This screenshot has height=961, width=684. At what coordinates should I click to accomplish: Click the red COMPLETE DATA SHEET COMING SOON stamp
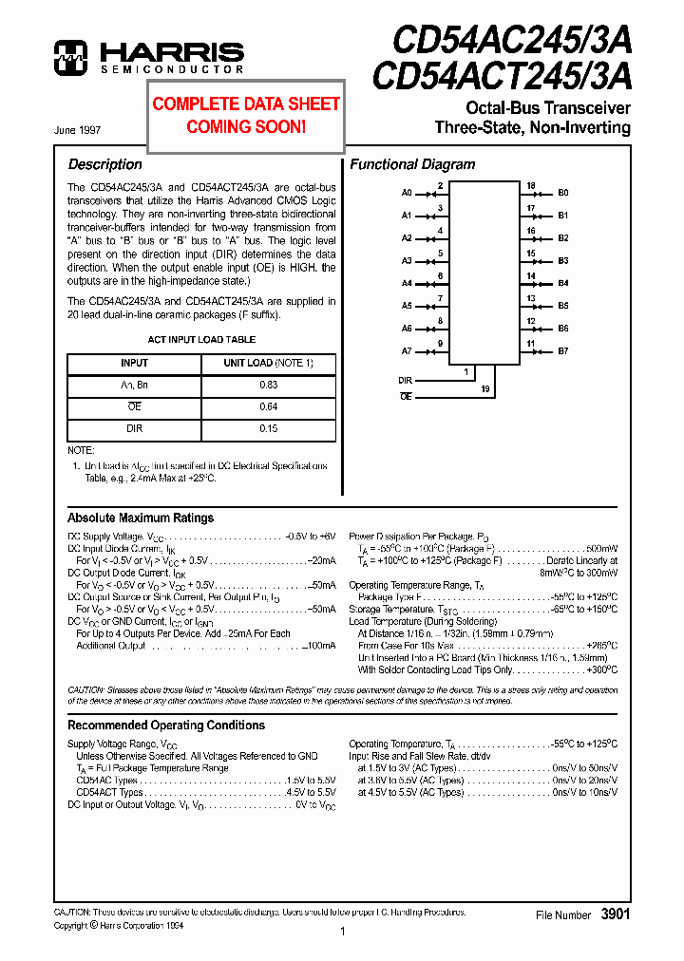click(x=246, y=114)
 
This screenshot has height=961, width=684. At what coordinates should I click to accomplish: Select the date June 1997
click(x=79, y=129)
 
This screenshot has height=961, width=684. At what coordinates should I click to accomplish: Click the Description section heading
click(x=104, y=164)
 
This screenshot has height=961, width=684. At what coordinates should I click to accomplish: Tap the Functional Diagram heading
click(x=412, y=164)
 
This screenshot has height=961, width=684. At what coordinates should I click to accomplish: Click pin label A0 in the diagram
click(x=407, y=193)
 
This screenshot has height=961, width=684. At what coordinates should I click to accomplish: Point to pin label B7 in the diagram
click(x=563, y=351)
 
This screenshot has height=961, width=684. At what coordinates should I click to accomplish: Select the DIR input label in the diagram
click(x=406, y=380)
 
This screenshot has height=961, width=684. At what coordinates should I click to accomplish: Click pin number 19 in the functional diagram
click(x=484, y=389)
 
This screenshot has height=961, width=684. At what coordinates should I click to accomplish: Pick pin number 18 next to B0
click(x=531, y=186)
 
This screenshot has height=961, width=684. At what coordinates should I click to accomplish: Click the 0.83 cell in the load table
click(x=268, y=385)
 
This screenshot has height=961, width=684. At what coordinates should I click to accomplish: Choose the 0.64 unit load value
click(x=268, y=406)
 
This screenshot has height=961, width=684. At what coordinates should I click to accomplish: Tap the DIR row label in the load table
click(x=134, y=428)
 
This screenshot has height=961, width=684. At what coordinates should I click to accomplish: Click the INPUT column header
click(x=134, y=363)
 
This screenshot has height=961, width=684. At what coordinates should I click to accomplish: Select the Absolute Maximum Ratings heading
click(x=141, y=518)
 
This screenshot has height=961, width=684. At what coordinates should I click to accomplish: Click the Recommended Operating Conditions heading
click(x=166, y=725)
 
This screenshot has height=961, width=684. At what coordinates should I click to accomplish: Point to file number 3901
click(x=616, y=914)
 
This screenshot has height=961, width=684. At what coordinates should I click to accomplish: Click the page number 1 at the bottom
click(x=342, y=932)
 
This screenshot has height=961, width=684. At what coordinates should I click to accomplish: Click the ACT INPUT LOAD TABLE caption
click(x=201, y=339)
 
